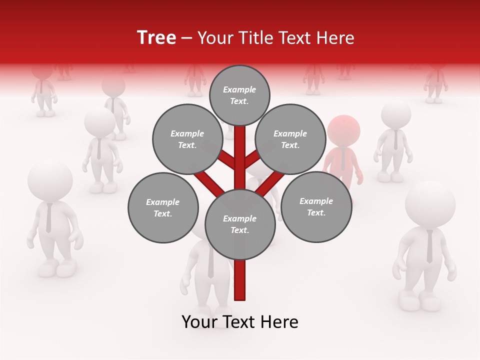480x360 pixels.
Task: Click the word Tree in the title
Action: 156,37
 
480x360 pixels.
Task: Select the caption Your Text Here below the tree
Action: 239,322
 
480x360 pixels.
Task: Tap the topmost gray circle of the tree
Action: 239,95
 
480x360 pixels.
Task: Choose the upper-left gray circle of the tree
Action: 187,139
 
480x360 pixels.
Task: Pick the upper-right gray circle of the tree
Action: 290,139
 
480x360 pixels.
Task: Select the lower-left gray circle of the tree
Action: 163,207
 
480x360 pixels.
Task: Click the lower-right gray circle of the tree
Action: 316,206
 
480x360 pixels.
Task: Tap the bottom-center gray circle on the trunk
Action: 240,224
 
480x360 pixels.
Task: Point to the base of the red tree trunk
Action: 240,295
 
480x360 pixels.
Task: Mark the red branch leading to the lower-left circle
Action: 210,182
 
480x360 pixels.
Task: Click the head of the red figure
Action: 343,130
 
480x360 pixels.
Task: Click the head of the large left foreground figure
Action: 49,180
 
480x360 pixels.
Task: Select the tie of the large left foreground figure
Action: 48,218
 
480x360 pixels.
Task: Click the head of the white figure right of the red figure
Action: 396,114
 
